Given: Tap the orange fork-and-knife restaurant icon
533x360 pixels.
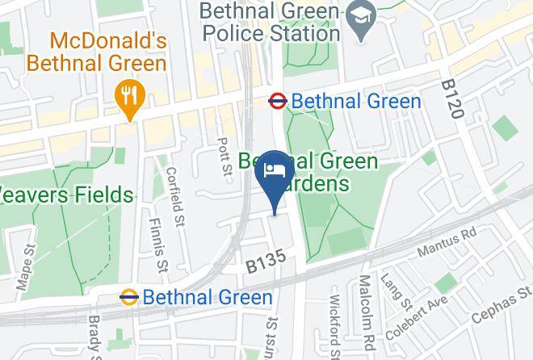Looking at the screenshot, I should point(129,98).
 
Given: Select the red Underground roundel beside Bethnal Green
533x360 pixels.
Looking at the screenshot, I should point(278,101).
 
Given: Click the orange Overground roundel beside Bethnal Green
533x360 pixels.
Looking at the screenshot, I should point(128,297).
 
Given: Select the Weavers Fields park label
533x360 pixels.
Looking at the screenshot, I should point(66,195).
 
